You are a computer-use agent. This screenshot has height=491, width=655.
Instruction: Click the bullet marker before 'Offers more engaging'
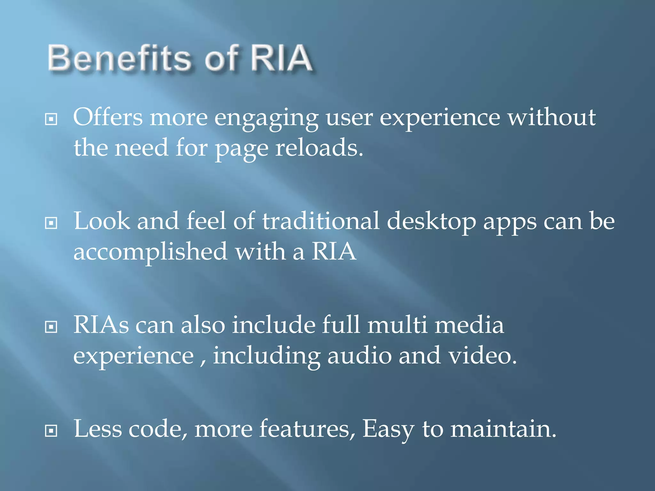(x=51, y=119)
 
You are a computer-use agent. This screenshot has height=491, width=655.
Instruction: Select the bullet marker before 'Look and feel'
(x=51, y=223)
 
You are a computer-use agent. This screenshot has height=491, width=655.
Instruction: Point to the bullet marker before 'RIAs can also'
(x=51, y=327)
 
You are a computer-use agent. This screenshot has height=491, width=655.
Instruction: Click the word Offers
(x=108, y=117)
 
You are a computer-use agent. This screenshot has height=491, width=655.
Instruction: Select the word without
(x=552, y=117)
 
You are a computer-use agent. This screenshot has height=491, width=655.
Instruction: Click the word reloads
(x=319, y=148)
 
